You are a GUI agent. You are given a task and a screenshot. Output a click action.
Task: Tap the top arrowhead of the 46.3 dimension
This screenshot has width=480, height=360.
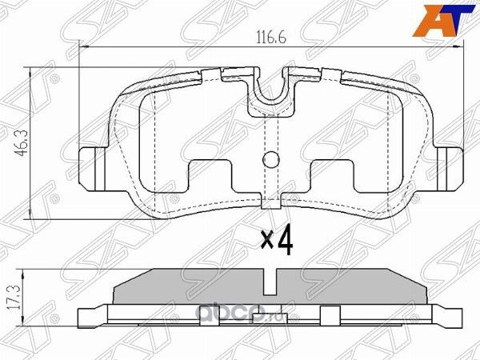click(31, 72)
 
